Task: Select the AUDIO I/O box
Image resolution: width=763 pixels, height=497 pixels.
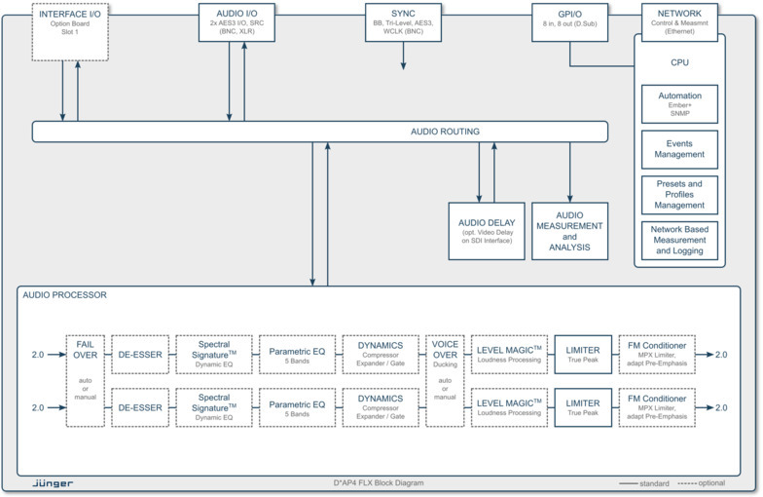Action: tap(236, 22)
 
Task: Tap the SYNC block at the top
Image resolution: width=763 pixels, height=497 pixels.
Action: tap(403, 21)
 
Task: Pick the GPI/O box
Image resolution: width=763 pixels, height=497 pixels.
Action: tap(570, 21)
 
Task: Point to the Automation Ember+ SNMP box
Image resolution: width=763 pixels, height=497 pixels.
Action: tap(680, 103)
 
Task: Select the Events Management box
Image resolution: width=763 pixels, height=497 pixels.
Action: tap(680, 149)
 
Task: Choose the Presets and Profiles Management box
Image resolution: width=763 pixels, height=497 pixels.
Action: tap(680, 194)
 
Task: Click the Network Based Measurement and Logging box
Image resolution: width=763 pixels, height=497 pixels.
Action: tap(680, 240)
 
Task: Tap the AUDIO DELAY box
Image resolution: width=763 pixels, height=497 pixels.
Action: tap(487, 231)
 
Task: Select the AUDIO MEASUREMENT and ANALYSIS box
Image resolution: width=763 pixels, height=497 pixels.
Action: tap(569, 231)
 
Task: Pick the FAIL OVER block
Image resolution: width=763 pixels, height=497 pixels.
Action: tap(85, 380)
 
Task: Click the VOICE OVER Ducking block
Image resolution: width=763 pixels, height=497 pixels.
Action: tap(445, 380)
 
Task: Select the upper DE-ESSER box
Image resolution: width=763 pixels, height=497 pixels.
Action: tap(138, 354)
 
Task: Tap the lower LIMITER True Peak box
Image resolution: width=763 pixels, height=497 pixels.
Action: tap(583, 407)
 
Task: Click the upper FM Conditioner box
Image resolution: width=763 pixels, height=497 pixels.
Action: tap(662, 354)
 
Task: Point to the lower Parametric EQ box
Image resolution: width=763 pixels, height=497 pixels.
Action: tap(297, 407)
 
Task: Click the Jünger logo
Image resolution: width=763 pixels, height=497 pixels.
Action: tap(54, 482)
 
